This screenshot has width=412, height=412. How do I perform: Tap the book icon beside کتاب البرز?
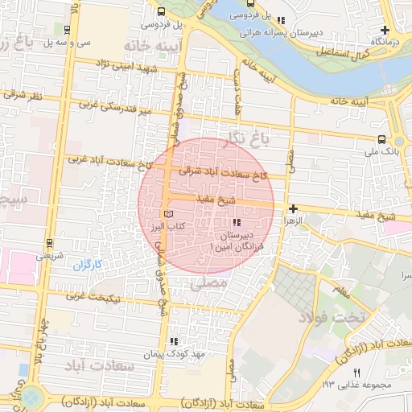[x=168, y=214]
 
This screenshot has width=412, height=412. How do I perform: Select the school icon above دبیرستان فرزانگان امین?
[x=236, y=221]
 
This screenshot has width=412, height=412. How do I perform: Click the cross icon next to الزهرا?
[x=293, y=208]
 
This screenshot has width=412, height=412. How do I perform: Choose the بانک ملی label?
[x=381, y=150]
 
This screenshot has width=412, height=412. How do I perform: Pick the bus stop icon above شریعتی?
[x=49, y=243]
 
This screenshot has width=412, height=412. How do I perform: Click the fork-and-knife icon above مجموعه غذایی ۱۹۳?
[x=357, y=372]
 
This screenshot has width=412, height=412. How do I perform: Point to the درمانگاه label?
[x=384, y=39]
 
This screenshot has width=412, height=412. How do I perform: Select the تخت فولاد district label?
[x=332, y=316]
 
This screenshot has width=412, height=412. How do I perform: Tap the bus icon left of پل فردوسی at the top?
[x=162, y=12]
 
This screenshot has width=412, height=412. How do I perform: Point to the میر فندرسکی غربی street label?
[x=112, y=109]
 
